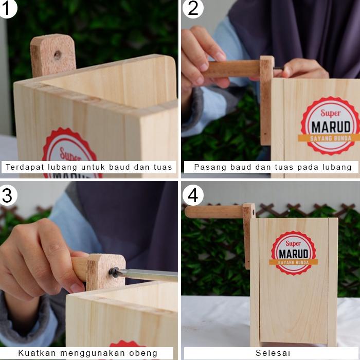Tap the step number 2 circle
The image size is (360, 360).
coord(193,8)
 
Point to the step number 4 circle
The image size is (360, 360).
coord(193,195)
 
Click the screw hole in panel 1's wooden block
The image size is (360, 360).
coord(57,55)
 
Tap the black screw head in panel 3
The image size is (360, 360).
coord(114,272)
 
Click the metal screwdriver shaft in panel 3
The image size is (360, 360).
coord(149,275)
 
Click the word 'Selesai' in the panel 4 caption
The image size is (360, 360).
coord(273,353)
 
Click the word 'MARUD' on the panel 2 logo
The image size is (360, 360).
coord(331,127)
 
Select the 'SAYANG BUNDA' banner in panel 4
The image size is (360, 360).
coord(294,262)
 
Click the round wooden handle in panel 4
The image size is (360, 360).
coord(214,212)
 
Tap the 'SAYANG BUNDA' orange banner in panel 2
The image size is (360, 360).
coord(329,138)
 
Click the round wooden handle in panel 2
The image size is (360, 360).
coord(232,68)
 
